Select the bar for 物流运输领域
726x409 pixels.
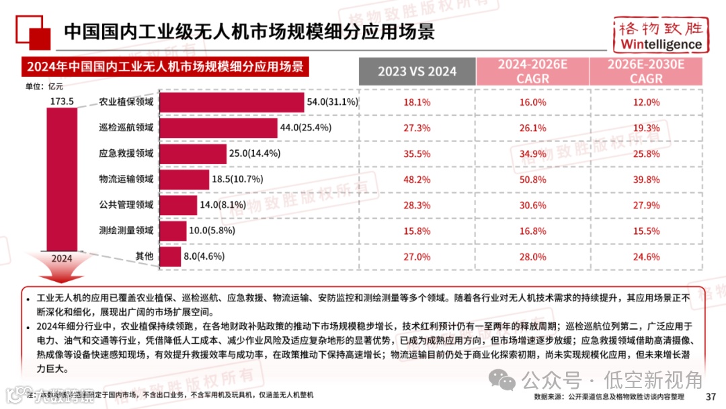[x=185, y=179]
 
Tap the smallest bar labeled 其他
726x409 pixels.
[x=171, y=256]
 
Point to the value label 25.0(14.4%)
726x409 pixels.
[x=255, y=153]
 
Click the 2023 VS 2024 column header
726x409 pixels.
[x=417, y=71]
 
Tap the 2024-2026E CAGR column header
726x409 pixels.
[x=532, y=71]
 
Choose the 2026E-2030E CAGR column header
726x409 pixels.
[x=645, y=71]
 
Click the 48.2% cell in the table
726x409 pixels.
[x=417, y=180]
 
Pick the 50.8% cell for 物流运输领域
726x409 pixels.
[x=532, y=180]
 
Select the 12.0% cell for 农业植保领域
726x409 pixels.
[x=645, y=102]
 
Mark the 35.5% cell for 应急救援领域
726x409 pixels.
[x=417, y=153]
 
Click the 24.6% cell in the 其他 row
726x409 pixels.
[x=645, y=257]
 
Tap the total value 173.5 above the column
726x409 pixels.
[x=61, y=102]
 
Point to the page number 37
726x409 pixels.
[x=711, y=396]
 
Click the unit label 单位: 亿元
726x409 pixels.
[x=44, y=85]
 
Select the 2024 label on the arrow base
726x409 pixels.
[x=61, y=258]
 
